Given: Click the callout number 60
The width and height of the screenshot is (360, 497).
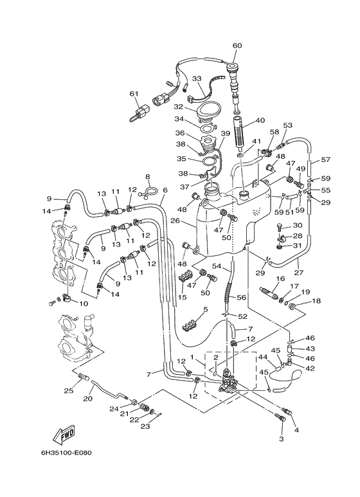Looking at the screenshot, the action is [x=237, y=46].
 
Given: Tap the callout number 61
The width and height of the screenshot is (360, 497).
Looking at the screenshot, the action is [x=134, y=93].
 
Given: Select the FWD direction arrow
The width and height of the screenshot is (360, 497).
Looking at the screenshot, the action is [x=64, y=435].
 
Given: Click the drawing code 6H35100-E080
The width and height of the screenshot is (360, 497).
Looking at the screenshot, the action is [x=66, y=453].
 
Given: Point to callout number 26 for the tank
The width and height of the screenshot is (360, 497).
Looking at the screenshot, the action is [x=176, y=221].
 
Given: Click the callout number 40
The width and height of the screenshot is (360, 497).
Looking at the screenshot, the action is [x=260, y=120].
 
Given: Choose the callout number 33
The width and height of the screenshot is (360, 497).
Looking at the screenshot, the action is [x=197, y=78].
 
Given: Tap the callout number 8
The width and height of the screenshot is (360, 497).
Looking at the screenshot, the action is [x=148, y=177].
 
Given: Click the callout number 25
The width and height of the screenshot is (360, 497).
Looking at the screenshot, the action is [x=69, y=390].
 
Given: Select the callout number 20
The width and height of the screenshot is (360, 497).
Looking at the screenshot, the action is [x=88, y=398].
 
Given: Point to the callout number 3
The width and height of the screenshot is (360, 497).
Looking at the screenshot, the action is [x=282, y=439].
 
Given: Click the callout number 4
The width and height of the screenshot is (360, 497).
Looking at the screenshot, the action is [x=296, y=430].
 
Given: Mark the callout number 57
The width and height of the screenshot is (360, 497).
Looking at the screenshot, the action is [x=326, y=159].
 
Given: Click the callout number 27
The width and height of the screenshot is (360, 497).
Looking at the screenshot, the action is [x=299, y=272].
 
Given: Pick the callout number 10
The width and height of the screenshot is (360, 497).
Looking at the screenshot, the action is [x=83, y=303].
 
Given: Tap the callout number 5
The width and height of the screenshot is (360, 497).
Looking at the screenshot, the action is [x=205, y=309].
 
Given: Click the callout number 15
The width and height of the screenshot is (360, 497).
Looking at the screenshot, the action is [x=182, y=297].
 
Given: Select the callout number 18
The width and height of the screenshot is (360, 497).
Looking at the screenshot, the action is [x=316, y=301].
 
